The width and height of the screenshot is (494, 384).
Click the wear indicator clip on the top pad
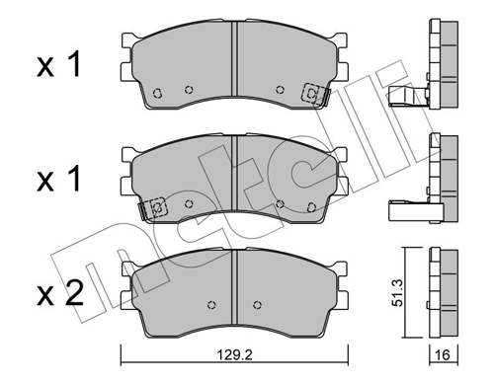click(x=311, y=94)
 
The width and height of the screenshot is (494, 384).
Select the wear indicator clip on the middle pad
click(x=155, y=208)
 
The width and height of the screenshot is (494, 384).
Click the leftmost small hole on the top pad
click(x=158, y=95)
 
